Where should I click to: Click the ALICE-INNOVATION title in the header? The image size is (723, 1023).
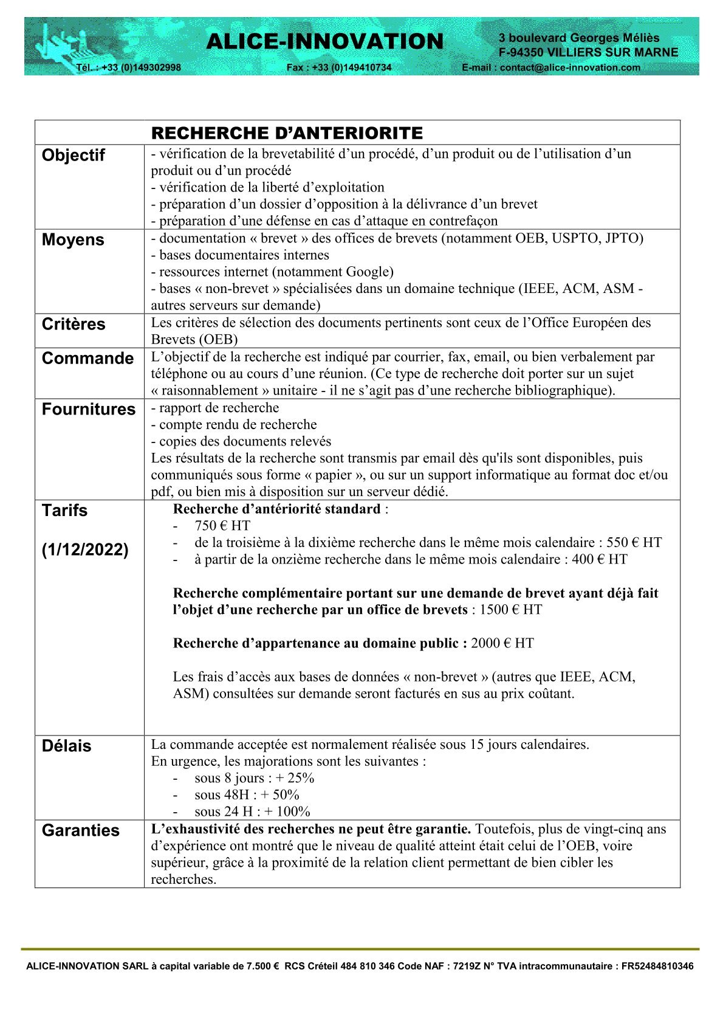(x=325, y=41)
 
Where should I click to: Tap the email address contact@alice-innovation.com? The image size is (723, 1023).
(x=570, y=67)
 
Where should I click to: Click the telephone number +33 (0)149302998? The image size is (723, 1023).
(x=141, y=67)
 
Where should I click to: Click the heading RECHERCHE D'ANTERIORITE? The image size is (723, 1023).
(x=287, y=133)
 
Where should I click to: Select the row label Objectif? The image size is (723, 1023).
(x=74, y=156)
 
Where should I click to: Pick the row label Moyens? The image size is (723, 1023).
(x=73, y=240)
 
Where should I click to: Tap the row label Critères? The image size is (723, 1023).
(x=74, y=325)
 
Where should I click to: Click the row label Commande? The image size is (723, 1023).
(x=87, y=359)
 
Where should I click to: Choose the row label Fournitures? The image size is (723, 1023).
(x=89, y=410)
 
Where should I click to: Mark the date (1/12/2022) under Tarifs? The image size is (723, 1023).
(x=85, y=550)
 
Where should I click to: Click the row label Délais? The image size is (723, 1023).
(x=66, y=746)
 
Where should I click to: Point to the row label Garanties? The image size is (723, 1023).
(x=81, y=831)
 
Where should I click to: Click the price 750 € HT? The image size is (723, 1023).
(x=222, y=526)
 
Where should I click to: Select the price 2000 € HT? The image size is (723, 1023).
(x=502, y=644)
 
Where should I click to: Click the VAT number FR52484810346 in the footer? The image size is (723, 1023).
(x=657, y=966)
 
